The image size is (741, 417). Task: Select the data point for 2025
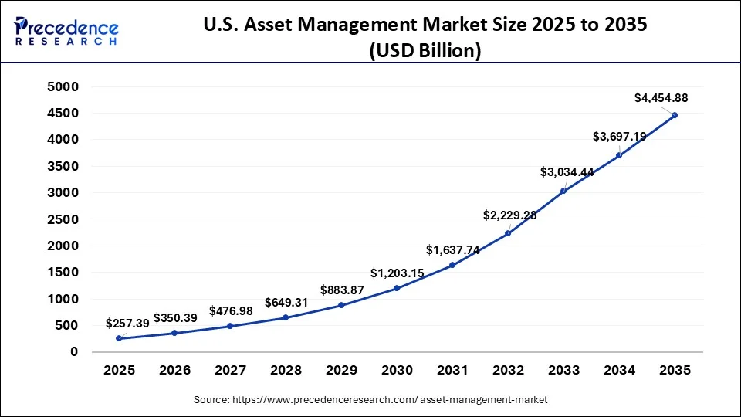coord(119,338)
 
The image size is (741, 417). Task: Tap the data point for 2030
coord(397,288)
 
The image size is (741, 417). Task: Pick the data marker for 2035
coord(675,115)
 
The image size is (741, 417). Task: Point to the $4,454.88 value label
coord(661,98)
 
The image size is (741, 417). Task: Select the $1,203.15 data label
coord(398,273)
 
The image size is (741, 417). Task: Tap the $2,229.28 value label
coord(509,215)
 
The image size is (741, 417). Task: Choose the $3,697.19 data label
coord(620,137)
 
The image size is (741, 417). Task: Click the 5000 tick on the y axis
coord(64,87)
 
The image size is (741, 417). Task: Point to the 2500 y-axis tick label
coord(64,219)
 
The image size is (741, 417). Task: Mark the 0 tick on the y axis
coord(74,352)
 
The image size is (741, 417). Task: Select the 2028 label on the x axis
coord(286,371)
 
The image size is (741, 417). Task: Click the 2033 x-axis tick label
coord(563,371)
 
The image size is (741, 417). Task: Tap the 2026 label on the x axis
coord(174,371)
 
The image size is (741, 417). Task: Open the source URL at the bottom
coord(370,400)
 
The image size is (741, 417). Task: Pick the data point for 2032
coord(508,233)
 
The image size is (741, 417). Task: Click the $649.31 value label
coord(286,303)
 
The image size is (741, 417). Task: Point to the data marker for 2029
coord(341,305)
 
